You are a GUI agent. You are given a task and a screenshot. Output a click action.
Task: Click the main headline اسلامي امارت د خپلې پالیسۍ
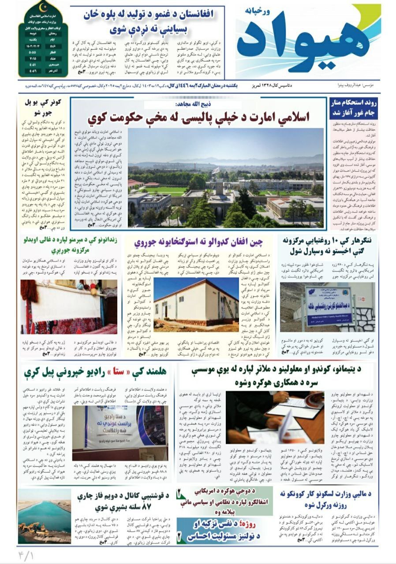click(198, 117)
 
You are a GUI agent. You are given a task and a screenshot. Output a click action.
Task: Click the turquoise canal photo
click(44, 516)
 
